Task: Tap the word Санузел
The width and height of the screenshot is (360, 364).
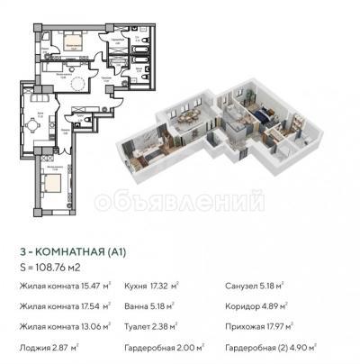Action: [243, 287]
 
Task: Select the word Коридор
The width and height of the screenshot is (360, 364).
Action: [243, 307]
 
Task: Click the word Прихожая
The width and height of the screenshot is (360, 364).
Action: [247, 326]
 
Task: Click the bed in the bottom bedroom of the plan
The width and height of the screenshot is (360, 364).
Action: [52, 186]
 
